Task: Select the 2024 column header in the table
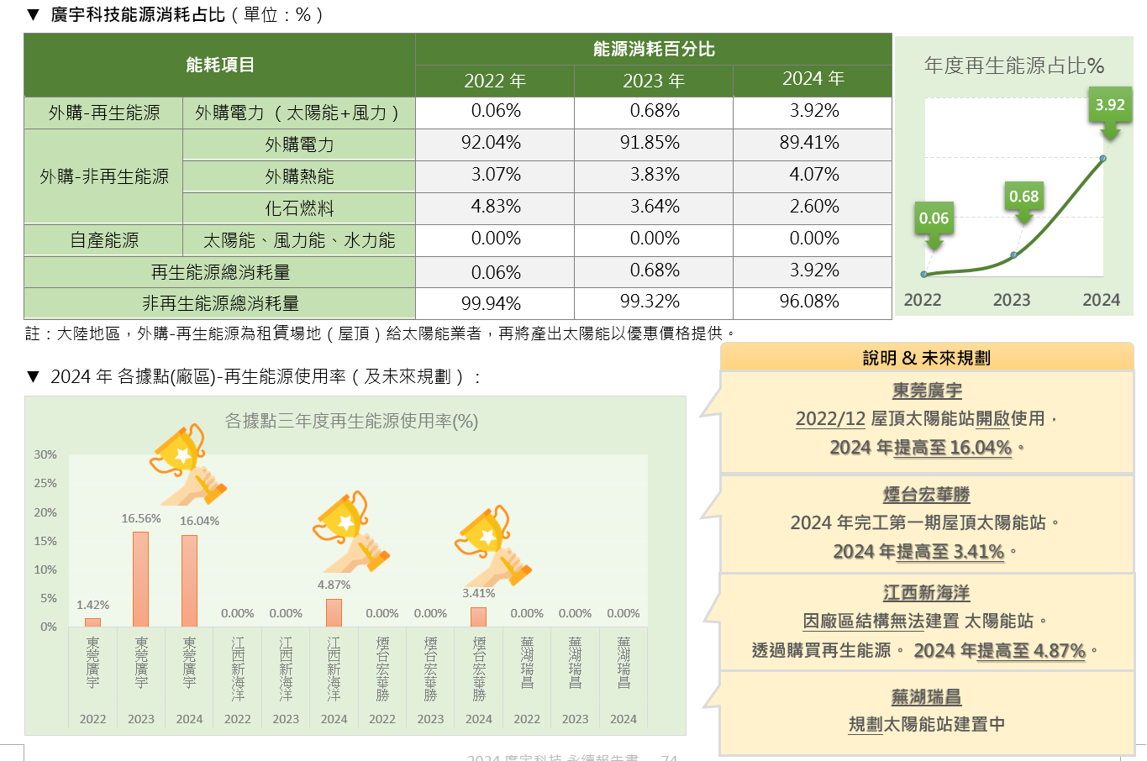click(x=813, y=79)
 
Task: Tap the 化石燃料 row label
click(x=299, y=208)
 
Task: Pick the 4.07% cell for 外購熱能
click(x=813, y=175)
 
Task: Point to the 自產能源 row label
click(x=104, y=240)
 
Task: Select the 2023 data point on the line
click(x=1014, y=255)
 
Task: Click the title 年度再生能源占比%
click(x=1013, y=66)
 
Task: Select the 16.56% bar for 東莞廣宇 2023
click(x=140, y=579)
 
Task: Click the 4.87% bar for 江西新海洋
click(x=334, y=612)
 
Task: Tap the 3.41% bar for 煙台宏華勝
click(x=478, y=617)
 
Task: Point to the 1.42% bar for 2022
click(x=92, y=622)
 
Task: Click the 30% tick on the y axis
click(x=45, y=454)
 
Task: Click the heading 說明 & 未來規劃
click(x=926, y=358)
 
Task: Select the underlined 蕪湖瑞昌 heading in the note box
click(x=926, y=696)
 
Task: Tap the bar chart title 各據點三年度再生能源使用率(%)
click(x=351, y=421)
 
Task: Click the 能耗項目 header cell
click(x=219, y=65)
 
